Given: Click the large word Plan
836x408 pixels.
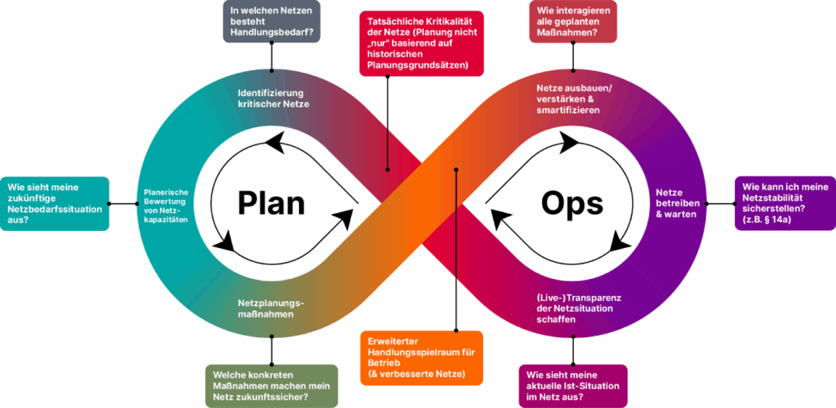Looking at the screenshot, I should coord(271,202).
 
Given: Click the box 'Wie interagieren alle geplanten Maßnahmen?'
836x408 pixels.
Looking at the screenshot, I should coord(572,21).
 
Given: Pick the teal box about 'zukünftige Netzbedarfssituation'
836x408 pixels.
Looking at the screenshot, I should coord(55,203).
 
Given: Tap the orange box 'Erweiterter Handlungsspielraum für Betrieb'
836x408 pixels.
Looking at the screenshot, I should coord(421,357).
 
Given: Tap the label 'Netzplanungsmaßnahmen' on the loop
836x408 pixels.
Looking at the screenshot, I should coord(271,308).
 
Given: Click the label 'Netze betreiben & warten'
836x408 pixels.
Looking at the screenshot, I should coord(675,203).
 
